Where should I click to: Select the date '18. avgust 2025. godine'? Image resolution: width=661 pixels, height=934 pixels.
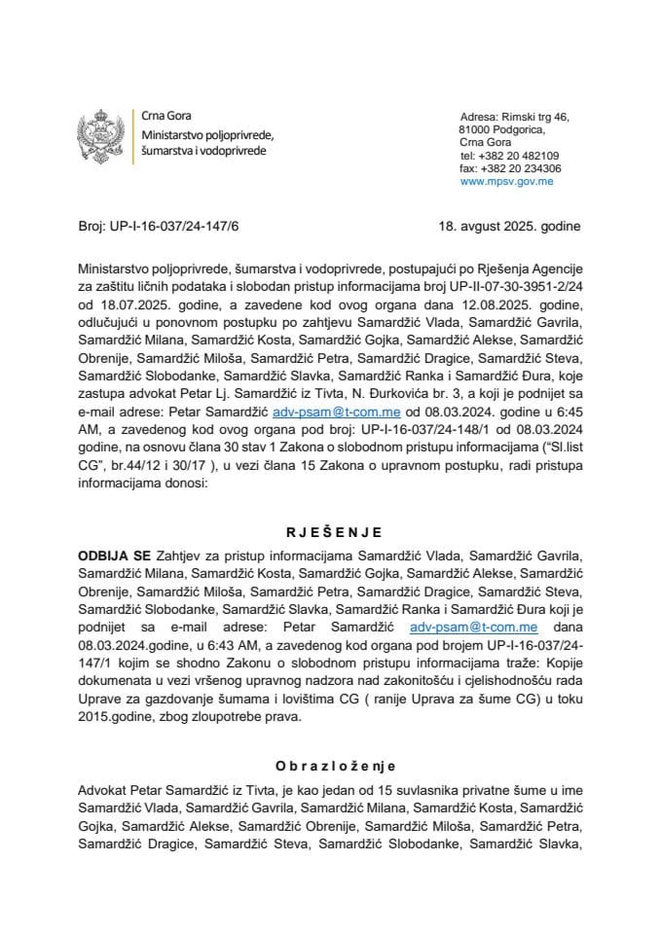click(509, 227)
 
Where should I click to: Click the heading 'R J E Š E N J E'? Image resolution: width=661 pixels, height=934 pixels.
click(329, 532)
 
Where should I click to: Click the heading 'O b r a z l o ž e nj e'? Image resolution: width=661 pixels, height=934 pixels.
click(329, 767)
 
